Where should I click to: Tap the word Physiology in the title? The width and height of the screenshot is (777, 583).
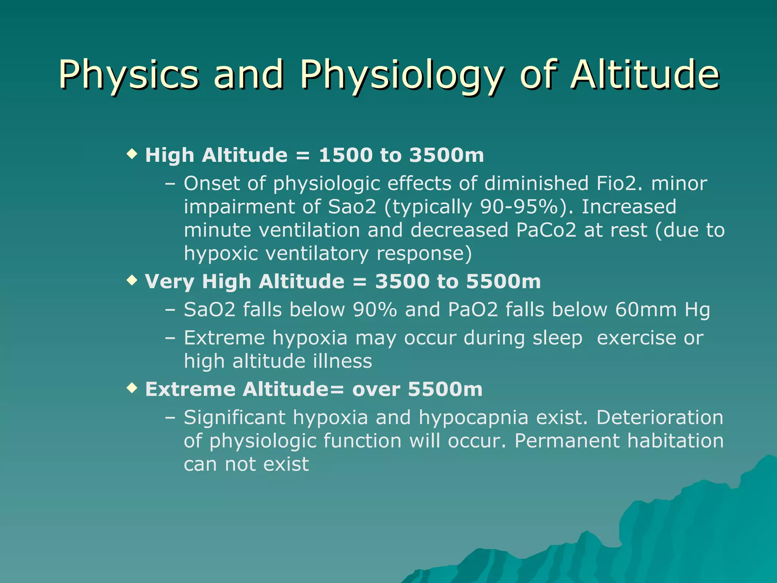(401, 74)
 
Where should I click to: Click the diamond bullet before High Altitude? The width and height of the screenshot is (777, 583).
(132, 154)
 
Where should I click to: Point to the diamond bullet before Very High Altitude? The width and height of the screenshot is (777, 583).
(132, 280)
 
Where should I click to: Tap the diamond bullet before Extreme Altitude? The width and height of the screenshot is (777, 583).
(132, 388)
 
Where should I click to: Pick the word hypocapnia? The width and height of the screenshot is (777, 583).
(473, 418)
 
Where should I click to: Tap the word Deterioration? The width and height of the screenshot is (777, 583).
(660, 418)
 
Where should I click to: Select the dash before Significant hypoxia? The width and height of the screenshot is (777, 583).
(170, 418)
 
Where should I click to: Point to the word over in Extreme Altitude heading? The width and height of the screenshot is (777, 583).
(376, 389)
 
